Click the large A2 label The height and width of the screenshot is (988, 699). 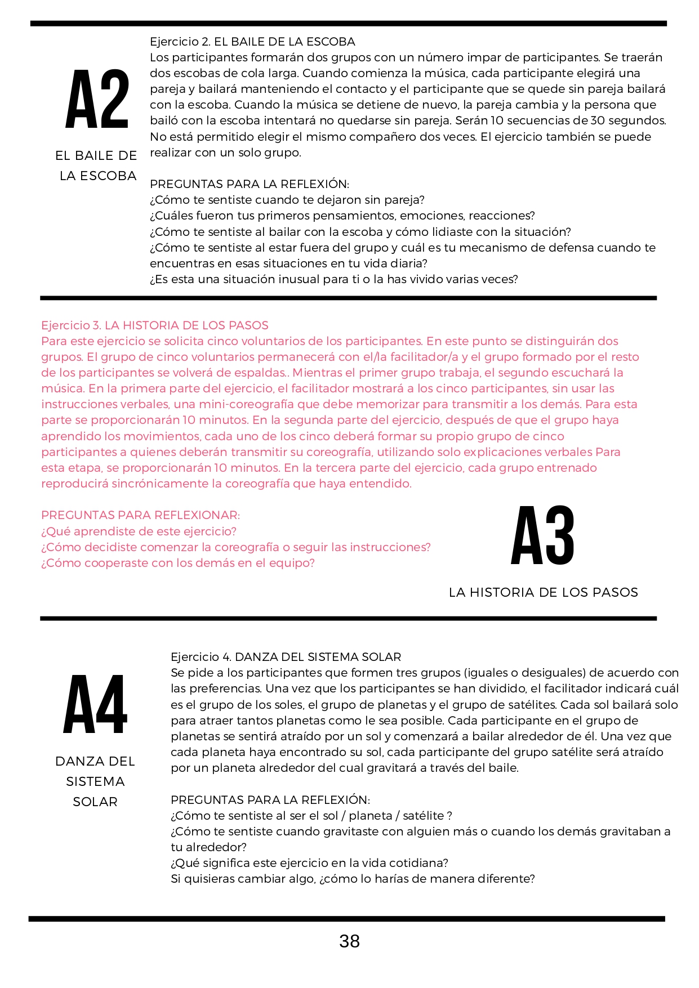(x=97, y=99)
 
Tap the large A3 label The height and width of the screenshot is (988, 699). (x=542, y=535)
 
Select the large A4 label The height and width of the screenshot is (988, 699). (x=96, y=704)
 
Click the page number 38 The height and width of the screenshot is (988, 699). (x=349, y=941)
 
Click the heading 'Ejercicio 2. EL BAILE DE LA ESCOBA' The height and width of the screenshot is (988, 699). (x=252, y=42)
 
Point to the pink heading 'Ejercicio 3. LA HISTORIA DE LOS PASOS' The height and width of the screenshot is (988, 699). (x=155, y=325)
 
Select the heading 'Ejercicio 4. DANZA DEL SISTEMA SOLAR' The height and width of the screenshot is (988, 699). (x=286, y=657)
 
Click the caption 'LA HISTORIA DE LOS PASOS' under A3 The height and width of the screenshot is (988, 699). (x=543, y=592)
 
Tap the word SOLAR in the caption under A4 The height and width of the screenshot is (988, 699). (x=95, y=802)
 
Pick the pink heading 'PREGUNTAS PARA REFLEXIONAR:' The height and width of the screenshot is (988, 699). (x=140, y=515)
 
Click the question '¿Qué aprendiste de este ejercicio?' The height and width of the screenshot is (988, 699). (x=139, y=531)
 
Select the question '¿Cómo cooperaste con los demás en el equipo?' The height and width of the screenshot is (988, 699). (x=177, y=563)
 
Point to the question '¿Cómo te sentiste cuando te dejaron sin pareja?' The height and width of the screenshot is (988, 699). (x=287, y=200)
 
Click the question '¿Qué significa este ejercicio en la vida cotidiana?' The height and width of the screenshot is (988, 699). (x=309, y=863)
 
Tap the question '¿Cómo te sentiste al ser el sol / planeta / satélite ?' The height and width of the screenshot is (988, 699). (x=311, y=816)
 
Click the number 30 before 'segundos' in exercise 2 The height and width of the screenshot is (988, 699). (x=598, y=120)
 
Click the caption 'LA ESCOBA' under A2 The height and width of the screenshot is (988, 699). (x=98, y=176)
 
